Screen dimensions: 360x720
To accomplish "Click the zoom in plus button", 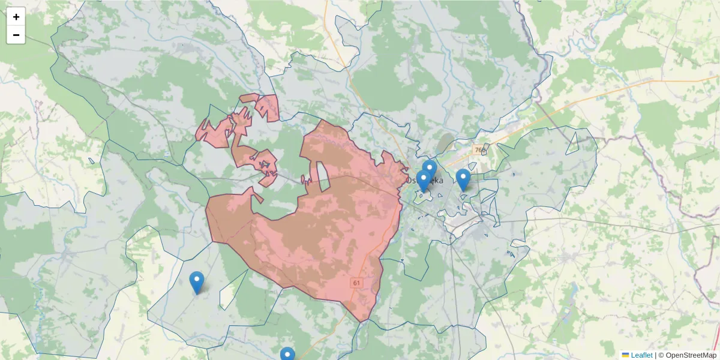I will point(16,17).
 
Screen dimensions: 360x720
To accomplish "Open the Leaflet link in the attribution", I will point(641,355).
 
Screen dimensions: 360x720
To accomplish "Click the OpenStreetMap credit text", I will point(687,355).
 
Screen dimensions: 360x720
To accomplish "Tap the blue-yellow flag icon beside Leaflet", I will point(625,355).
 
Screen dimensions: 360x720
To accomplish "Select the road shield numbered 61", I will point(357,283).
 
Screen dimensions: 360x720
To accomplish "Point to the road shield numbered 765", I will point(478,150).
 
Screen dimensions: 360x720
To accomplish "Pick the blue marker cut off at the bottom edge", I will point(287,355).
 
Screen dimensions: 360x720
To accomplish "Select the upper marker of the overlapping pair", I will point(430,169).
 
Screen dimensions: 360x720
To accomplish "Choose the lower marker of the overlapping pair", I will point(424,180).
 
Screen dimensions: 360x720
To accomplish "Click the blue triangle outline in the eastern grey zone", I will point(572,142).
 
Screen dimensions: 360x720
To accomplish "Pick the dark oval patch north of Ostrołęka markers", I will point(445,144).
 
